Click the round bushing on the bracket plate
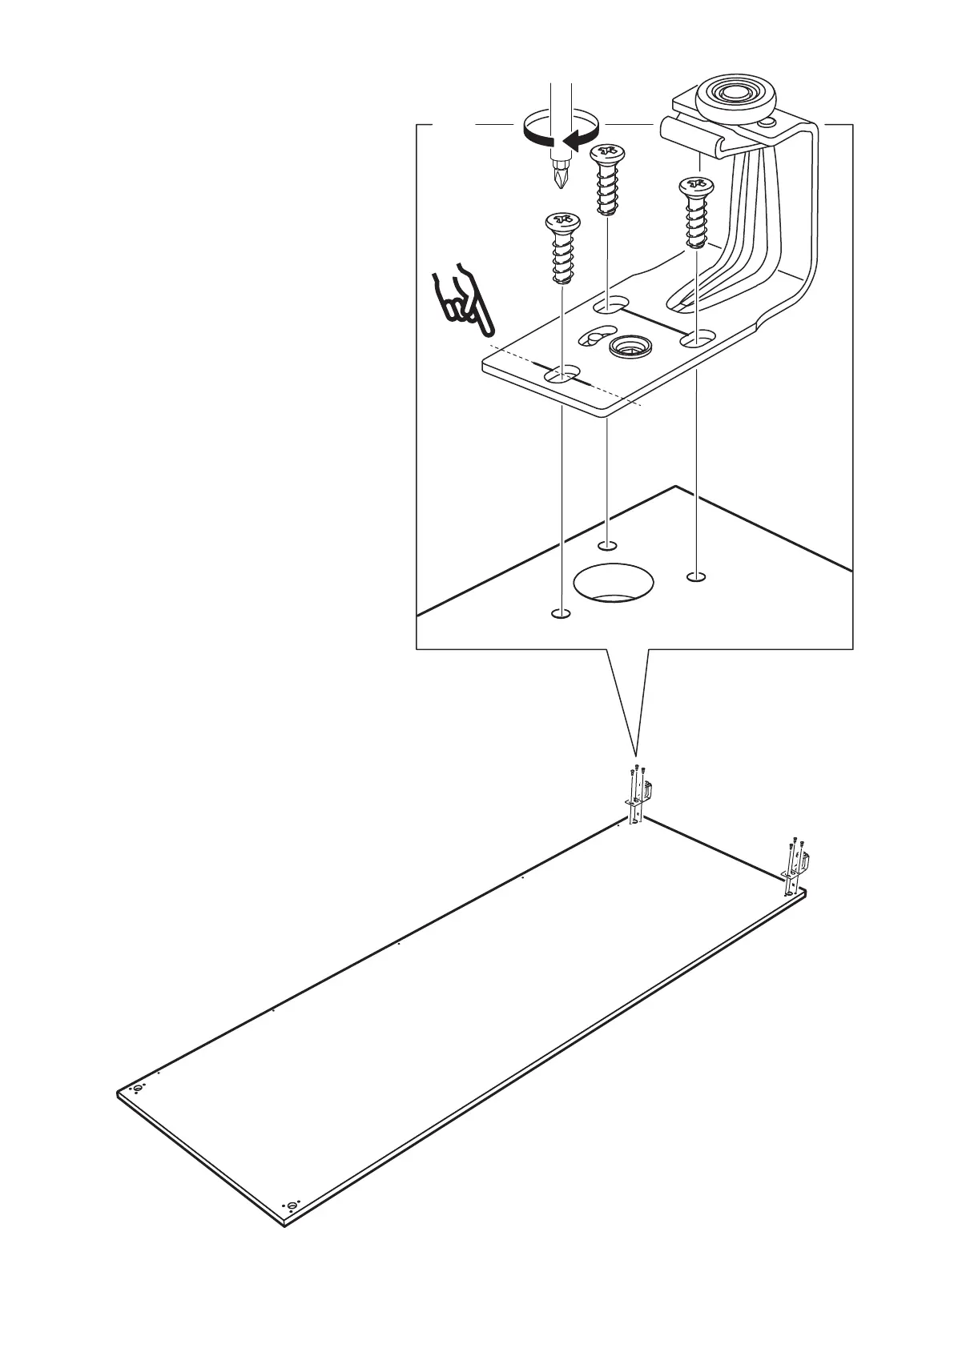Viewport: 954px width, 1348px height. pyautogui.click(x=630, y=347)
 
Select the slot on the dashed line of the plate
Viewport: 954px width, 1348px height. pyautogui.click(x=562, y=374)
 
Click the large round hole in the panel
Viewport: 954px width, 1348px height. pyautogui.click(x=614, y=583)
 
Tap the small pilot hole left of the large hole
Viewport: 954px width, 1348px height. pyautogui.click(x=561, y=613)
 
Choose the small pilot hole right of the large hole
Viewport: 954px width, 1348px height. pyautogui.click(x=697, y=576)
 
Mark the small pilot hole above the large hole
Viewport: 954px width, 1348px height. pyautogui.click(x=608, y=545)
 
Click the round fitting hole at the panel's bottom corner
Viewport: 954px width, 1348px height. pyautogui.click(x=292, y=1228)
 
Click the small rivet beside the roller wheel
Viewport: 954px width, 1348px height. pyautogui.click(x=769, y=122)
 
